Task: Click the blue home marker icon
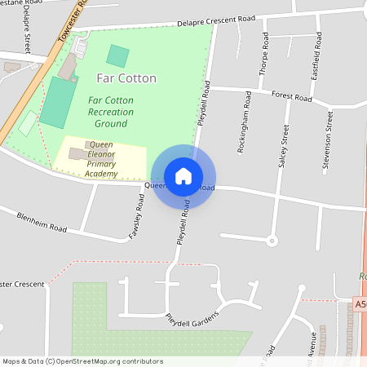(x=183, y=175)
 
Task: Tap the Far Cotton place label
(x=126, y=78)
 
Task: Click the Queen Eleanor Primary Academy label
(x=102, y=159)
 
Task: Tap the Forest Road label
(x=293, y=98)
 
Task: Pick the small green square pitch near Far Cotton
(x=117, y=56)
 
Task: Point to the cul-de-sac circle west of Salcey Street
(x=272, y=240)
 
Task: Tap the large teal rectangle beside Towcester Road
(x=57, y=102)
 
